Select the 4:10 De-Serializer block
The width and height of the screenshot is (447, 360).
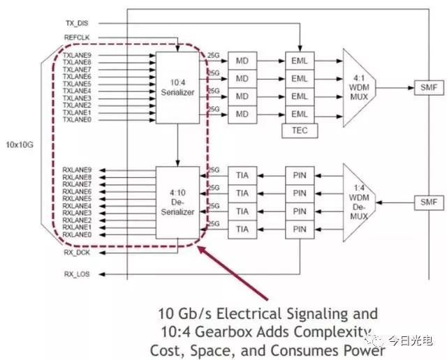tap(177, 203)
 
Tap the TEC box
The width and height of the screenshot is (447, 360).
tap(298, 130)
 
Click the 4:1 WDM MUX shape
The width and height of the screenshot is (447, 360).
tap(361, 87)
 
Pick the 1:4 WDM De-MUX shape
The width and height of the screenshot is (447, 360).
tap(361, 202)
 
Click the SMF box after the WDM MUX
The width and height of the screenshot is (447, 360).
tap(426, 89)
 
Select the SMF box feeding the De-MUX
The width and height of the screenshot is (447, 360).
tap(426, 202)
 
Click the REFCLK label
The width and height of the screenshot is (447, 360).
tap(77, 38)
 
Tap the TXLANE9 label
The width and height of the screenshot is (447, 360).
tap(77, 54)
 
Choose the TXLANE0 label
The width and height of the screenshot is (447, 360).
tap(77, 120)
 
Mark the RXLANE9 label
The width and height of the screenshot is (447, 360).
tap(77, 170)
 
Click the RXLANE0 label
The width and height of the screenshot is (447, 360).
tap(77, 234)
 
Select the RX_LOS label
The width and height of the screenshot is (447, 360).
tap(77, 274)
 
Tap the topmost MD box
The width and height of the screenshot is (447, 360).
tap(242, 61)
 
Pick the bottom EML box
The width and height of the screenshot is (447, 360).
tap(299, 113)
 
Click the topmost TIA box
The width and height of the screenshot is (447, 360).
tap(242, 176)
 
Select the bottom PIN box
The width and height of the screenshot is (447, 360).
tap(299, 228)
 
